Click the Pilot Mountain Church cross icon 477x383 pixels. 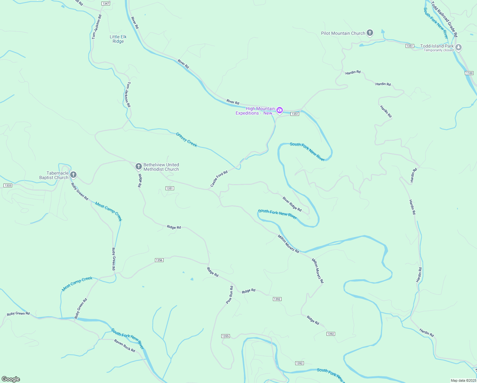370,33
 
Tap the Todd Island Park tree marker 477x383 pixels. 459,48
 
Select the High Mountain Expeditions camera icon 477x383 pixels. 280,110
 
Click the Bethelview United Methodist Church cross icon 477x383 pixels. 138,166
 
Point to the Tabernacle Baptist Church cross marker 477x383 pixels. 73,175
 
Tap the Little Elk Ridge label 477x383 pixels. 118,39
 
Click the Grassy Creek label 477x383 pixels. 187,140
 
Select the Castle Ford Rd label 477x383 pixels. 219,179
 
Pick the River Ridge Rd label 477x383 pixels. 292,204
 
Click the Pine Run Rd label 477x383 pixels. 229,295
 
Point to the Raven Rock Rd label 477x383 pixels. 125,346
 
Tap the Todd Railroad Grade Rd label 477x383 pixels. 444,19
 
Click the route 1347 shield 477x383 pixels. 106,4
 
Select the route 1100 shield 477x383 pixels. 469,73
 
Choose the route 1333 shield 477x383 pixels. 8,185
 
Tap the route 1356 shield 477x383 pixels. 159,260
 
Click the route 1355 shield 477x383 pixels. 225,336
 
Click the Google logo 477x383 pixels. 11,379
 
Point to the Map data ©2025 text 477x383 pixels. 463,380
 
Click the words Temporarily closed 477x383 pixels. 438,50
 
